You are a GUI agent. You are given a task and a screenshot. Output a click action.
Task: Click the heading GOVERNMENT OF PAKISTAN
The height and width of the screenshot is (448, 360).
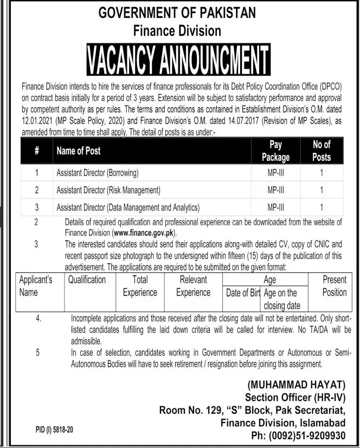177,12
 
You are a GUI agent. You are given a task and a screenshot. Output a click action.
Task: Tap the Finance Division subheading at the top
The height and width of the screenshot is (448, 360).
177,30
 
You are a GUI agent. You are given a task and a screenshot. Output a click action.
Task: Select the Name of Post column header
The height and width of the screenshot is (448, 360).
79,151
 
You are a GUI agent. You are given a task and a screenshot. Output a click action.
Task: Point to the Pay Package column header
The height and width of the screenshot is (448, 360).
275,151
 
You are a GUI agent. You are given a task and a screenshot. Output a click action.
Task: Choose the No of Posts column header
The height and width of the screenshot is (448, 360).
322,151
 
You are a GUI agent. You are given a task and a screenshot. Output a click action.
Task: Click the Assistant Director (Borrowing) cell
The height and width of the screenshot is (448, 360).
98,173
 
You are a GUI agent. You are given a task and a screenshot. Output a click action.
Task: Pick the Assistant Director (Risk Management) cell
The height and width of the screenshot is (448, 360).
108,190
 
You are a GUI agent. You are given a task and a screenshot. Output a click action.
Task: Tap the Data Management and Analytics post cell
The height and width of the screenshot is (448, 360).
128,207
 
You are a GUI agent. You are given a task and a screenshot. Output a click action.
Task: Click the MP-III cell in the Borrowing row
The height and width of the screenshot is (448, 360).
275,173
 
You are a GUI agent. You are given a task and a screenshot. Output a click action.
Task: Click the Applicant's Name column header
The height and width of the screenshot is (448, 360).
35,286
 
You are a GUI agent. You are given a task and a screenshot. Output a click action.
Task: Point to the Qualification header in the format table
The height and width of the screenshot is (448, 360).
87,280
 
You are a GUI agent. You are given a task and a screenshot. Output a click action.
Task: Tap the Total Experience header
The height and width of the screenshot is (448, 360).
139,286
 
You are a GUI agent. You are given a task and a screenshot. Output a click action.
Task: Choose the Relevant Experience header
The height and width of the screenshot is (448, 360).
193,286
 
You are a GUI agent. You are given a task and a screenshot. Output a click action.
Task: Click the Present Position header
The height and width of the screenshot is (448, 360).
334,286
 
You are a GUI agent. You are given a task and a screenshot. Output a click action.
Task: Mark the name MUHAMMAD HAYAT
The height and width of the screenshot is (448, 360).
296,385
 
